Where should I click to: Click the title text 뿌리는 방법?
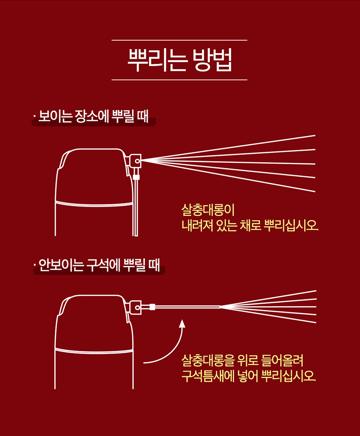point(180,60)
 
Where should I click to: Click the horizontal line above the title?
point(179,40)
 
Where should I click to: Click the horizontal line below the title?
point(179,80)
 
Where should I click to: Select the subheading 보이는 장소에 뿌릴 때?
point(93,116)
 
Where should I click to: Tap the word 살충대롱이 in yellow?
point(208,210)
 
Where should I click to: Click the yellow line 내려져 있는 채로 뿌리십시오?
point(249,225)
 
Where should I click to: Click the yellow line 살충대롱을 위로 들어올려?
point(242,361)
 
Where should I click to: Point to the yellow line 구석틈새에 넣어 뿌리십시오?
point(249,376)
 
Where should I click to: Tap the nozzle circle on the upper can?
point(137,161)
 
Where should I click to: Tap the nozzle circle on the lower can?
point(137,307)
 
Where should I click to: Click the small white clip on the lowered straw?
point(136,177)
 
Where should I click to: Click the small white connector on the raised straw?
point(152,307)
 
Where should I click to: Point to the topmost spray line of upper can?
point(228,148)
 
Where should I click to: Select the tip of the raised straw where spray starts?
point(221,307)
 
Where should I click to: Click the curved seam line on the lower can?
point(94,351)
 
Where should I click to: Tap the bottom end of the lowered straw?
point(135,236)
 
